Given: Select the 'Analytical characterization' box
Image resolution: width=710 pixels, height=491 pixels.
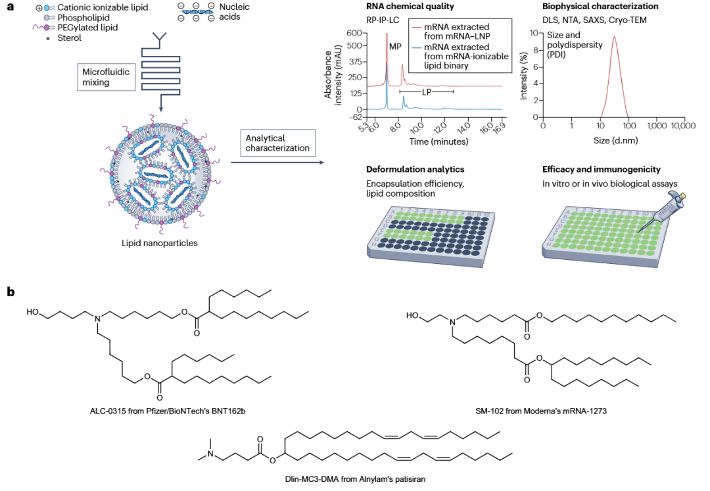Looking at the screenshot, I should pos(277,143).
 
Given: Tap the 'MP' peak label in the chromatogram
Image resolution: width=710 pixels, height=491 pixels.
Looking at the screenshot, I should pos(394,47).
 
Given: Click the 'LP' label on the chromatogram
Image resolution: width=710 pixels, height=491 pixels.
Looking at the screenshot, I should pos(426,91).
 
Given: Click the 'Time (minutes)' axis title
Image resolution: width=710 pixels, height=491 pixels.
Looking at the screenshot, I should pos(438,141).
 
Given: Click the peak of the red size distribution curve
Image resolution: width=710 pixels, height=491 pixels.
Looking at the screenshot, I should pos(614,37).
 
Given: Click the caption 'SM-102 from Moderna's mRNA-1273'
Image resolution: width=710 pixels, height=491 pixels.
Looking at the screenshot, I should pos(540,411).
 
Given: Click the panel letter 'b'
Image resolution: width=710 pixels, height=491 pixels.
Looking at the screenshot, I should pos(11,291).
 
